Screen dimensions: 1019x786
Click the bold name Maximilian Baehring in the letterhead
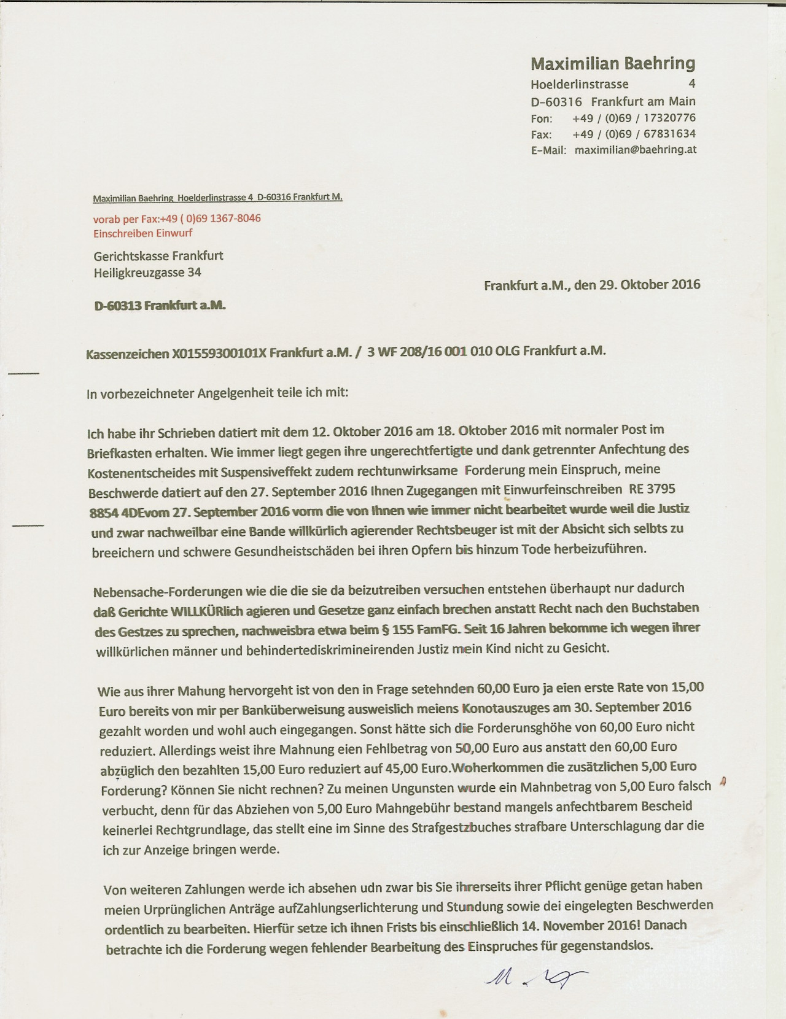(x=613, y=63)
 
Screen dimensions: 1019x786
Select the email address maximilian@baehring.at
(x=636, y=149)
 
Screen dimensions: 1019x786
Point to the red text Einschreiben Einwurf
(x=142, y=233)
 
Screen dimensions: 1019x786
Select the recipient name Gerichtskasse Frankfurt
(x=158, y=256)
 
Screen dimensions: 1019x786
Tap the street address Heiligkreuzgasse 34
(x=147, y=272)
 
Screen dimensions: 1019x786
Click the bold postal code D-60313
(x=117, y=305)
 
